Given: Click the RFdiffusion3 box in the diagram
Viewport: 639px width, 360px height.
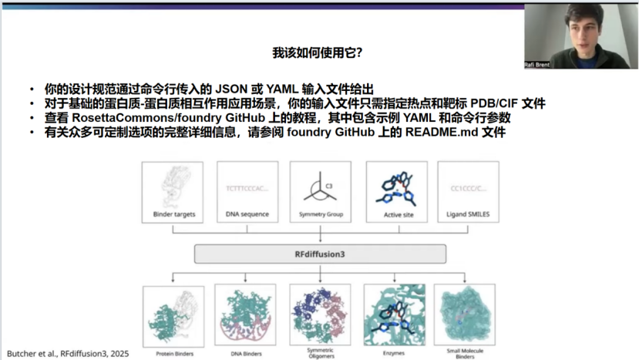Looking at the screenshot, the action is tap(320, 254).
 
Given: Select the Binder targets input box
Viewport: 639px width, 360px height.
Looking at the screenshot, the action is tap(173, 191).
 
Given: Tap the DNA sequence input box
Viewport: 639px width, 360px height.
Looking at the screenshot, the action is tap(247, 191).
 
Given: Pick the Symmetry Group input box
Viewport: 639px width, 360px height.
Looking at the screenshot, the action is tap(320, 191).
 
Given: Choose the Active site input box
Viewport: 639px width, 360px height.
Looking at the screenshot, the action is tap(396, 191).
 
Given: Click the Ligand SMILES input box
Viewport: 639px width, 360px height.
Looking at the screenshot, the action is tap(468, 191).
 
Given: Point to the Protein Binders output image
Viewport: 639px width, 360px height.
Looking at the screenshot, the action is tap(173, 316).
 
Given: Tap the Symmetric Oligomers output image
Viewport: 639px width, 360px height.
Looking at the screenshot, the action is tap(320, 316).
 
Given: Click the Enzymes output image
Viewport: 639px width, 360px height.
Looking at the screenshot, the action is tap(394, 316).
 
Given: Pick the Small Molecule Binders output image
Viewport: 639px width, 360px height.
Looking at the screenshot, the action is tap(465, 316).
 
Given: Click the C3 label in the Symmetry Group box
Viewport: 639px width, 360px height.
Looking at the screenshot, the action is tap(328, 186).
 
